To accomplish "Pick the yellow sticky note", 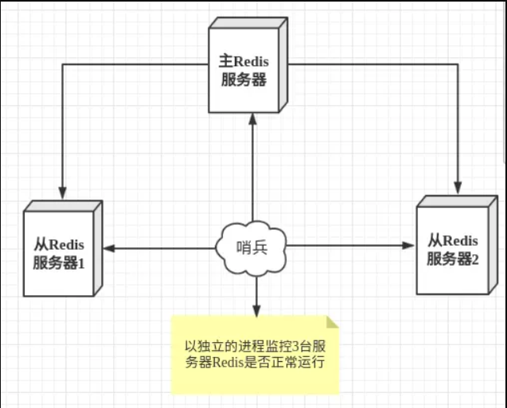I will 255,354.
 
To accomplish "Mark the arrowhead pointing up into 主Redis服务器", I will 253,119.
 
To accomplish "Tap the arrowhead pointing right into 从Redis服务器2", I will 411,247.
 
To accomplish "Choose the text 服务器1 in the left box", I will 61,262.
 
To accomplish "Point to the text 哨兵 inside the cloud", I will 253,247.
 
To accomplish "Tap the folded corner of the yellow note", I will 332,321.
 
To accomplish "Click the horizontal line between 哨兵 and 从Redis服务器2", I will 350,247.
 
